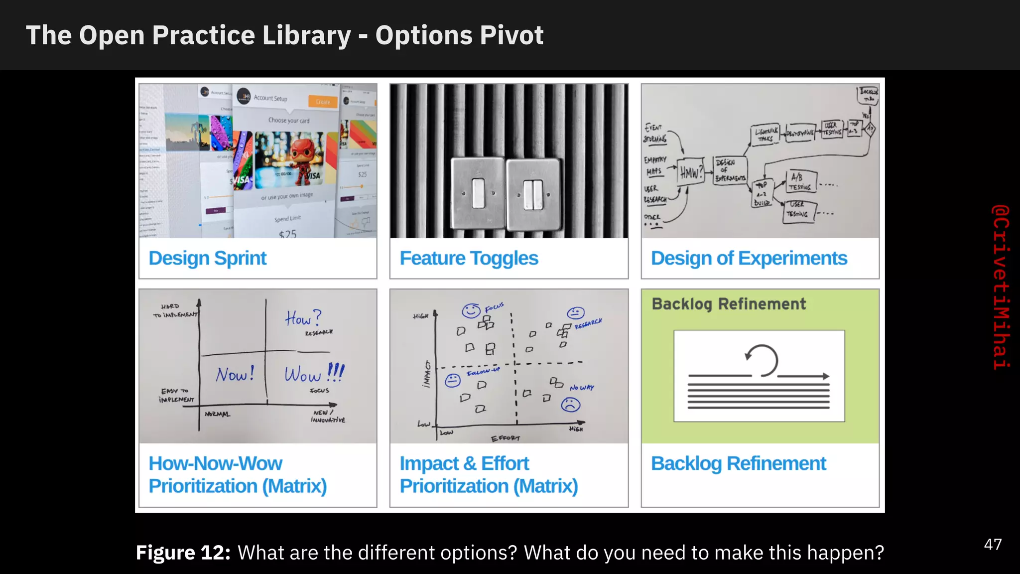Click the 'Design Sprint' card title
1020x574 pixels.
[x=208, y=259]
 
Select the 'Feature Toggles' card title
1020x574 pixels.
[x=469, y=259]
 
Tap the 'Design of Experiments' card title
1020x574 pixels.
[x=749, y=259]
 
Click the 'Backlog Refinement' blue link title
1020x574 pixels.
[x=738, y=464]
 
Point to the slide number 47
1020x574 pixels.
[x=993, y=544]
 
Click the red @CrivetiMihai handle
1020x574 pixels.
[x=1001, y=287]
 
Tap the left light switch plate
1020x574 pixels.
[x=478, y=194]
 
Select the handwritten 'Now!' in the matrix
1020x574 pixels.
[x=235, y=374]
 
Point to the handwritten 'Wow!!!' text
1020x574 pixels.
[x=314, y=373]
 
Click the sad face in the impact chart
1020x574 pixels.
[x=571, y=405]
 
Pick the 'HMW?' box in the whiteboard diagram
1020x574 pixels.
[x=691, y=172]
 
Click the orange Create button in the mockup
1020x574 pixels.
[x=323, y=102]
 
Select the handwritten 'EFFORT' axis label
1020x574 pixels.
[x=505, y=438]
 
